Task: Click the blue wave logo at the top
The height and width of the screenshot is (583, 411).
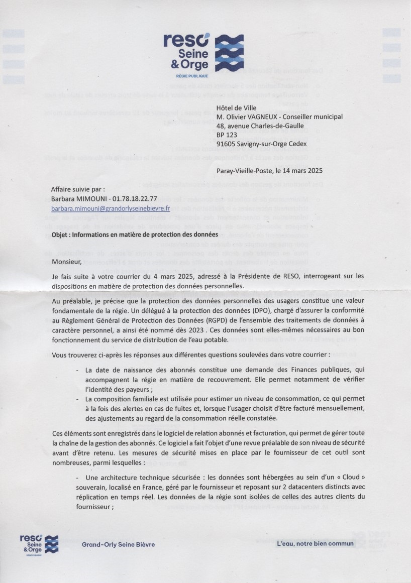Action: [229, 53]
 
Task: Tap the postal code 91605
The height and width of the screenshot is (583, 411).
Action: [226, 144]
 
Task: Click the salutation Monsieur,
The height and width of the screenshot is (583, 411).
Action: [66, 262]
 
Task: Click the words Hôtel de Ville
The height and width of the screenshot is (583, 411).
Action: [236, 108]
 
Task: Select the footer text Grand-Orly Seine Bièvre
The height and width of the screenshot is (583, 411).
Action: [118, 544]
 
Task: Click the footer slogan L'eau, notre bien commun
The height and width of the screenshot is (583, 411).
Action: [315, 543]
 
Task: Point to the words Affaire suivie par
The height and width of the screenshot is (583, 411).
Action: [78, 190]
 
